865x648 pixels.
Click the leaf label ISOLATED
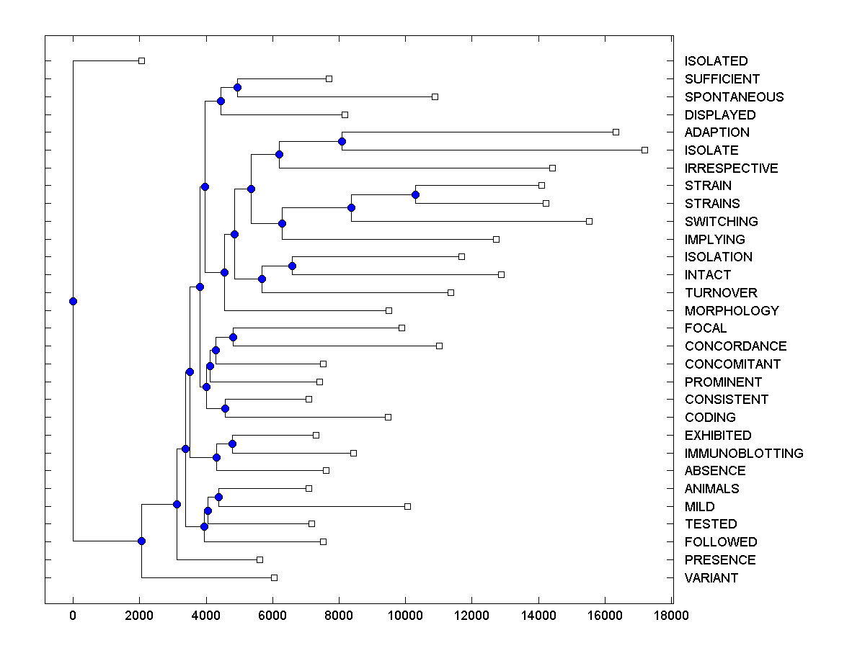pyautogui.click(x=716, y=61)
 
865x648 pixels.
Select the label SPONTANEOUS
pyautogui.click(x=734, y=97)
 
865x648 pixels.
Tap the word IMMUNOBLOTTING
pyautogui.click(x=744, y=454)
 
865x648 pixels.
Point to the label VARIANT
pyautogui.click(x=711, y=578)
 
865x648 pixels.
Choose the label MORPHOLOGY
pyautogui.click(x=732, y=311)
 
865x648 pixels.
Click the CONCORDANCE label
pyautogui.click(x=735, y=346)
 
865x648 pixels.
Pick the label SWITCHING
pyautogui.click(x=721, y=222)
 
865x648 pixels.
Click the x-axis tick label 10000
pyautogui.click(x=405, y=616)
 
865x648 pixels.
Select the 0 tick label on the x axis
pyautogui.click(x=73, y=616)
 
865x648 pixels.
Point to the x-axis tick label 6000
pyautogui.click(x=272, y=616)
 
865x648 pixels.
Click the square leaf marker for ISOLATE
pyautogui.click(x=644, y=150)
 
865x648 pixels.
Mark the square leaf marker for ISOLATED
pyautogui.click(x=141, y=60)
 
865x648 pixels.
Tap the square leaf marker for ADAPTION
pyautogui.click(x=616, y=132)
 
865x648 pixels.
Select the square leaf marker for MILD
pyautogui.click(x=407, y=506)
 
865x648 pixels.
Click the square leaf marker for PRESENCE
pyautogui.click(x=259, y=559)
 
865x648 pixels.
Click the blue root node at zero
pyautogui.click(x=73, y=301)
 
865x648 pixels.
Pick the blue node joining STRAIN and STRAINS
pyautogui.click(x=415, y=194)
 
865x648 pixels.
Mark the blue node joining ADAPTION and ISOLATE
pyautogui.click(x=342, y=141)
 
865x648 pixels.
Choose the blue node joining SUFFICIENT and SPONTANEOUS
pyautogui.click(x=237, y=87)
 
